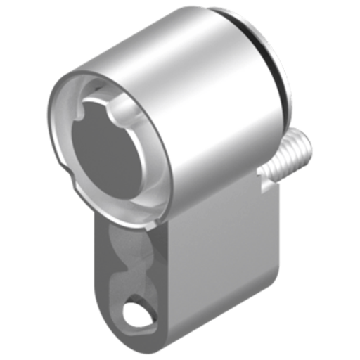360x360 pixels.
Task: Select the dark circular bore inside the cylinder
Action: [x=106, y=148]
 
